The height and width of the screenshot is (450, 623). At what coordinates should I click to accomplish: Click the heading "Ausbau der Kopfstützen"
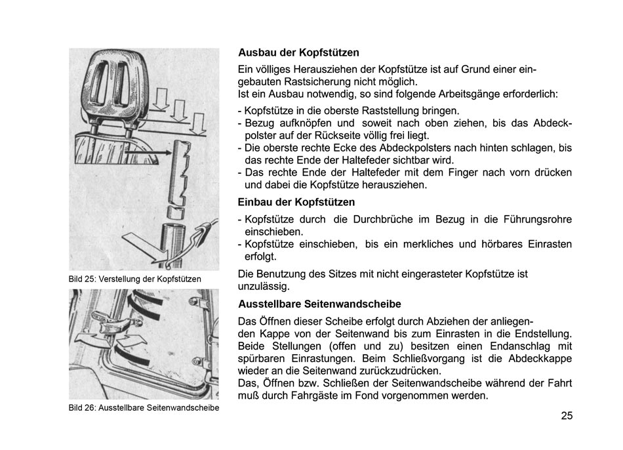pyautogui.click(x=298, y=52)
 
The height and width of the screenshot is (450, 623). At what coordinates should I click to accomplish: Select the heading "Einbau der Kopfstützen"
pyautogui.click(x=296, y=202)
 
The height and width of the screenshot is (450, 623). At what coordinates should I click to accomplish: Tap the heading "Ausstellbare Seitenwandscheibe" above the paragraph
pyautogui.click(x=319, y=304)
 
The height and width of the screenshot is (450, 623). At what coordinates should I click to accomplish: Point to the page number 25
pyautogui.click(x=567, y=415)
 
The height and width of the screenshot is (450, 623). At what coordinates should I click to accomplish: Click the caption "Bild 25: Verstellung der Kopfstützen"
pyautogui.click(x=134, y=279)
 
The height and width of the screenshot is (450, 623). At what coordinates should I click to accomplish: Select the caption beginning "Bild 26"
pyautogui.click(x=144, y=407)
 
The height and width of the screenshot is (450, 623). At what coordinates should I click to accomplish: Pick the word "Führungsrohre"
pyautogui.click(x=538, y=219)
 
